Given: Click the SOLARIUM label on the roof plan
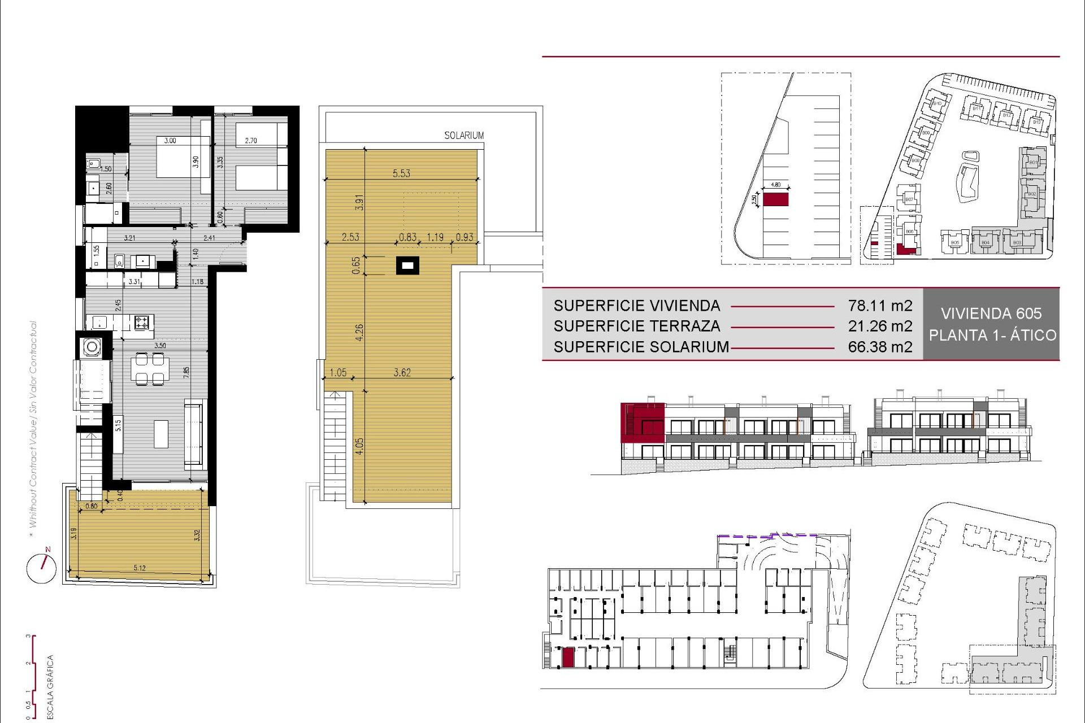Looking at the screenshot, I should click(463, 136).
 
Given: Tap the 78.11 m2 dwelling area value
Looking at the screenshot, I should click(880, 306).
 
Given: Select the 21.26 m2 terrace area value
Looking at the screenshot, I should click(880, 326).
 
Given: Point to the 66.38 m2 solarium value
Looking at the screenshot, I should click(880, 347).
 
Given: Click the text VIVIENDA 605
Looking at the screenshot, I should click(991, 313).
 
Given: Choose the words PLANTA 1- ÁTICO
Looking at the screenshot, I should click(992, 335).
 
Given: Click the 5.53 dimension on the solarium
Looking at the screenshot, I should click(401, 173).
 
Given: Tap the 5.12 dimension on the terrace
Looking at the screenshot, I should click(140, 568).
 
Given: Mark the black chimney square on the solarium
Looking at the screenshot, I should click(407, 265).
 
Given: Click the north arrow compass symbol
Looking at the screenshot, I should click(42, 567).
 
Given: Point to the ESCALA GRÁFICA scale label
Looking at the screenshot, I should click(50, 687).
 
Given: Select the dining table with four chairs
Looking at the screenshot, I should click(150, 368).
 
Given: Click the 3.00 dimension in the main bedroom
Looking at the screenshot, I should click(170, 141).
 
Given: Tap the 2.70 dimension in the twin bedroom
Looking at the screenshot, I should click(251, 141).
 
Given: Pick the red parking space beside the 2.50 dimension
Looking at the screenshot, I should click(775, 199).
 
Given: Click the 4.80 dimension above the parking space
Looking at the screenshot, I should click(775, 185).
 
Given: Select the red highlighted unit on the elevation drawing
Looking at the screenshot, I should click(642, 422).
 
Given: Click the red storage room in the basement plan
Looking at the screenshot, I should click(568, 657).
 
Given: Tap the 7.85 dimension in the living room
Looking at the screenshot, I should click(186, 372).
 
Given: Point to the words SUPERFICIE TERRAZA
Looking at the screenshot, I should click(636, 326).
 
